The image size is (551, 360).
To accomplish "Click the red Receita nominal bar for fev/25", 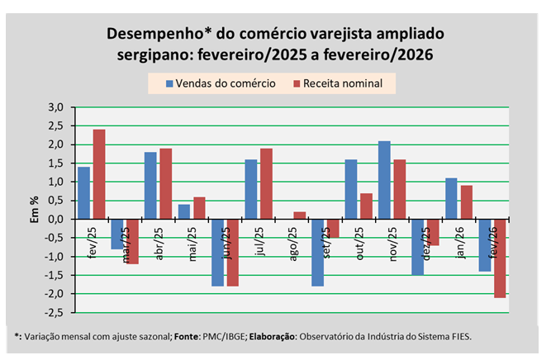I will tap(99, 174).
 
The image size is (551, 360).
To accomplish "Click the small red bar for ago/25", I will tap(298, 216).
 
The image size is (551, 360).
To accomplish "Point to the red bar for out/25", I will tap(365, 206).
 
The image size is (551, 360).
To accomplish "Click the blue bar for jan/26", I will tap(451, 198).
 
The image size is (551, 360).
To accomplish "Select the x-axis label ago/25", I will tap(292, 244).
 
